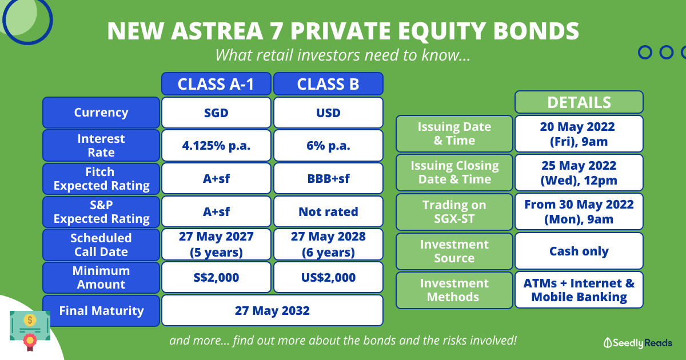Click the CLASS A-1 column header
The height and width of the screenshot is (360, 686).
[x=216, y=84]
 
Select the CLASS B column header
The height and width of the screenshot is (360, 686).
[x=328, y=84]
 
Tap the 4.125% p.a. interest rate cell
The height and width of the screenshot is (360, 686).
[x=216, y=145]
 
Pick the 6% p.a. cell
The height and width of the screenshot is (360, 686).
[x=328, y=145]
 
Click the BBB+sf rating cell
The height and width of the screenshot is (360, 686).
[x=328, y=178]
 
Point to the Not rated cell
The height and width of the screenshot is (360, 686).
[x=328, y=211]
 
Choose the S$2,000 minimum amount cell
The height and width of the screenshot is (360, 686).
[x=216, y=277]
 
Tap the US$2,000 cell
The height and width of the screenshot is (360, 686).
[x=328, y=277]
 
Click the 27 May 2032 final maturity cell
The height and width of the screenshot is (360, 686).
[x=272, y=310]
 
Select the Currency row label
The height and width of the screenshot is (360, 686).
[x=101, y=113]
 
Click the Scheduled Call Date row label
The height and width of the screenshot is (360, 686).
[x=101, y=245]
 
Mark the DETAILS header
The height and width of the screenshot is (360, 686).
[x=579, y=102]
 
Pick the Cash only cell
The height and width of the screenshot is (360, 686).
[x=579, y=251]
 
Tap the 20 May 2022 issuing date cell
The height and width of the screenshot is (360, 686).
[x=579, y=134]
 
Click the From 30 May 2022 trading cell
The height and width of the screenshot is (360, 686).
[x=579, y=211]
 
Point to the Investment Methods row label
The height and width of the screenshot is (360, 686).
[x=454, y=290]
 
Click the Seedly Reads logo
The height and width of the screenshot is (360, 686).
[x=637, y=343]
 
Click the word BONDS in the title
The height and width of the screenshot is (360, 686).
[x=536, y=31]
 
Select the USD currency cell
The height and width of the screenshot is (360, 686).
[x=328, y=113]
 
